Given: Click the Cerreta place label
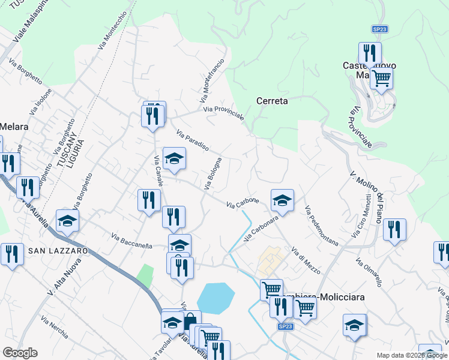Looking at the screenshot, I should pyautogui.click(x=272, y=101).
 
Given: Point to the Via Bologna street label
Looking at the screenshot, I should pyautogui.click(x=213, y=174).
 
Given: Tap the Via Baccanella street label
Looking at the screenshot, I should pyautogui.click(x=131, y=241).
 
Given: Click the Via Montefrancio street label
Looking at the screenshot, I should pyautogui.click(x=211, y=80).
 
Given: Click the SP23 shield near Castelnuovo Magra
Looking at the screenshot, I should pyautogui.click(x=379, y=29).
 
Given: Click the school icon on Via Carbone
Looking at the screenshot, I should pyautogui.click(x=282, y=200).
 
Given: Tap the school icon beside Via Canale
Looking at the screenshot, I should pyautogui.click(x=174, y=158).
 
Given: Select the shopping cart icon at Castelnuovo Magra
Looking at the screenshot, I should pyautogui.click(x=381, y=77).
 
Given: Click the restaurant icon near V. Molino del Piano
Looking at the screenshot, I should pyautogui.click(x=394, y=230).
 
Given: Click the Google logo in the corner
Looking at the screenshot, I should pyautogui.click(x=20, y=353).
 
